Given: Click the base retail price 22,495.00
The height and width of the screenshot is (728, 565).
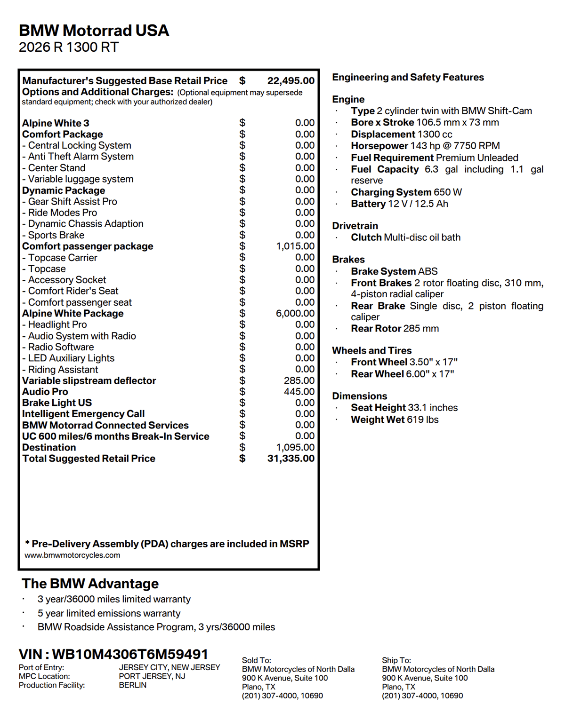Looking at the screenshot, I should [x=291, y=81].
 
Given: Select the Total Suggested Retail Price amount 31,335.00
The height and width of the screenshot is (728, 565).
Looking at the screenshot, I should [x=291, y=459].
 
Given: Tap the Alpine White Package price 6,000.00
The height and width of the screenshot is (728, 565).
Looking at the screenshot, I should [x=295, y=314].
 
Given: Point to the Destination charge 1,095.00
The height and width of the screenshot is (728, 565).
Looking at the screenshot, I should [x=295, y=447].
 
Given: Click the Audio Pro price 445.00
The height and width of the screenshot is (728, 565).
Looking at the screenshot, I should [x=299, y=392].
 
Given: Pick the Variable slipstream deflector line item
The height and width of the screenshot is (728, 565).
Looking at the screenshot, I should [x=89, y=381].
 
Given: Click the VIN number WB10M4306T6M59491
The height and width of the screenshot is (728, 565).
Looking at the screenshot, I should [x=130, y=654].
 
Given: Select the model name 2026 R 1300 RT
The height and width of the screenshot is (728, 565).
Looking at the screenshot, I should [x=69, y=47].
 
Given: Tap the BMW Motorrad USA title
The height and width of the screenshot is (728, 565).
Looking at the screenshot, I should [x=94, y=31].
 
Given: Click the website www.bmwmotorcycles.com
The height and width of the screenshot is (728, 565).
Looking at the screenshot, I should [x=72, y=555].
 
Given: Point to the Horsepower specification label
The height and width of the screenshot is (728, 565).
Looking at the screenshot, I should [x=379, y=146].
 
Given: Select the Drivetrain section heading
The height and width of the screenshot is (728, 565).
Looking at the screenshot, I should [x=355, y=226].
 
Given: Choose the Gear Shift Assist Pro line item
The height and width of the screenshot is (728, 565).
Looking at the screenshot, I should [x=73, y=202].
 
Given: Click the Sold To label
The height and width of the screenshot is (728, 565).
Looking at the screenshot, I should [x=256, y=660].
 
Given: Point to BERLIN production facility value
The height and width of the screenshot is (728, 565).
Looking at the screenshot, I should [x=132, y=685].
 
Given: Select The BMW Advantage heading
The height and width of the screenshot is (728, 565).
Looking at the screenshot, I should [x=90, y=584].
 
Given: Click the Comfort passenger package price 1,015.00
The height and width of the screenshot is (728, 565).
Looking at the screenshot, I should [x=295, y=246].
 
